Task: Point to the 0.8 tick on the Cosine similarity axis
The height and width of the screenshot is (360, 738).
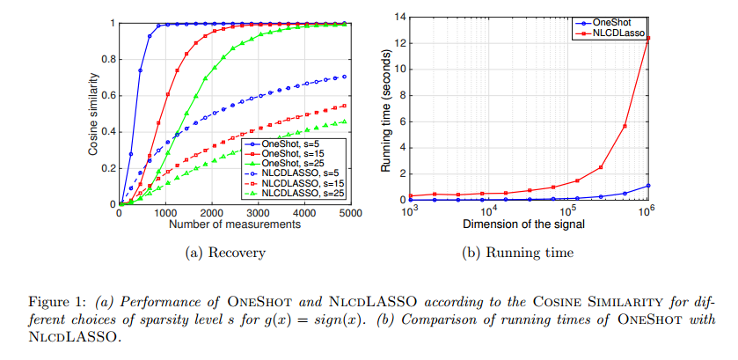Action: (x=107, y=59)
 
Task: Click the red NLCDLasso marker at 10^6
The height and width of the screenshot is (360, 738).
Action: (x=648, y=38)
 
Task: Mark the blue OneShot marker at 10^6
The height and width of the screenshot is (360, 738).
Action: (x=648, y=186)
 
